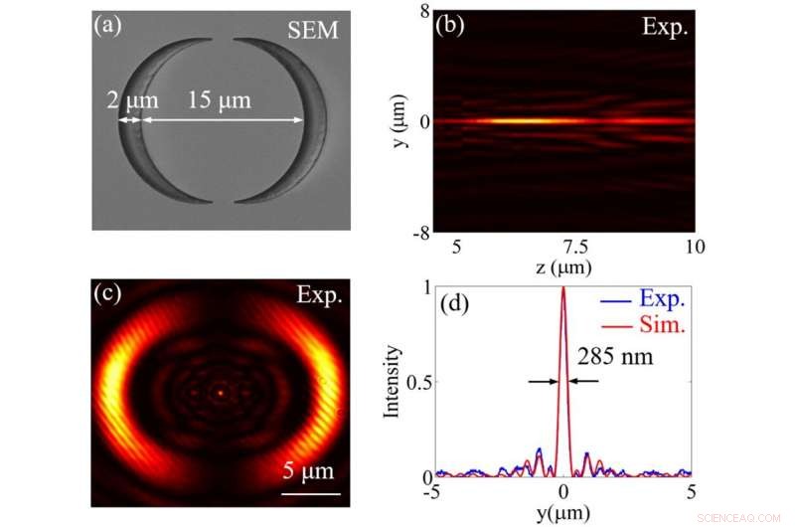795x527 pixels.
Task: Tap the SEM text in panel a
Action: point(313,32)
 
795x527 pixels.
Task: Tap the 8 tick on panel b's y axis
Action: point(421,12)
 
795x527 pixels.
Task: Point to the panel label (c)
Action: point(107,295)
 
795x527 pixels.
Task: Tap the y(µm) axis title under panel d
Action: point(562,513)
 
